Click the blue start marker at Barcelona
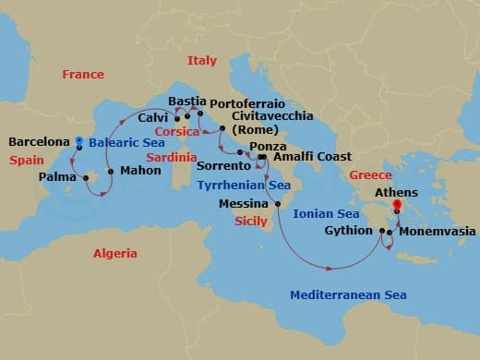pos(79,142)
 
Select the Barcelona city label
pos(39,142)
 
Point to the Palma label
pos(57,175)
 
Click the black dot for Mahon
pos(111,171)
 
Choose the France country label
pos(83,74)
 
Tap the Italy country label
pos(202,61)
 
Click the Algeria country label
pos(115,253)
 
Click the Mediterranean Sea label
pos(349,295)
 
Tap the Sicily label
pos(251,222)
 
